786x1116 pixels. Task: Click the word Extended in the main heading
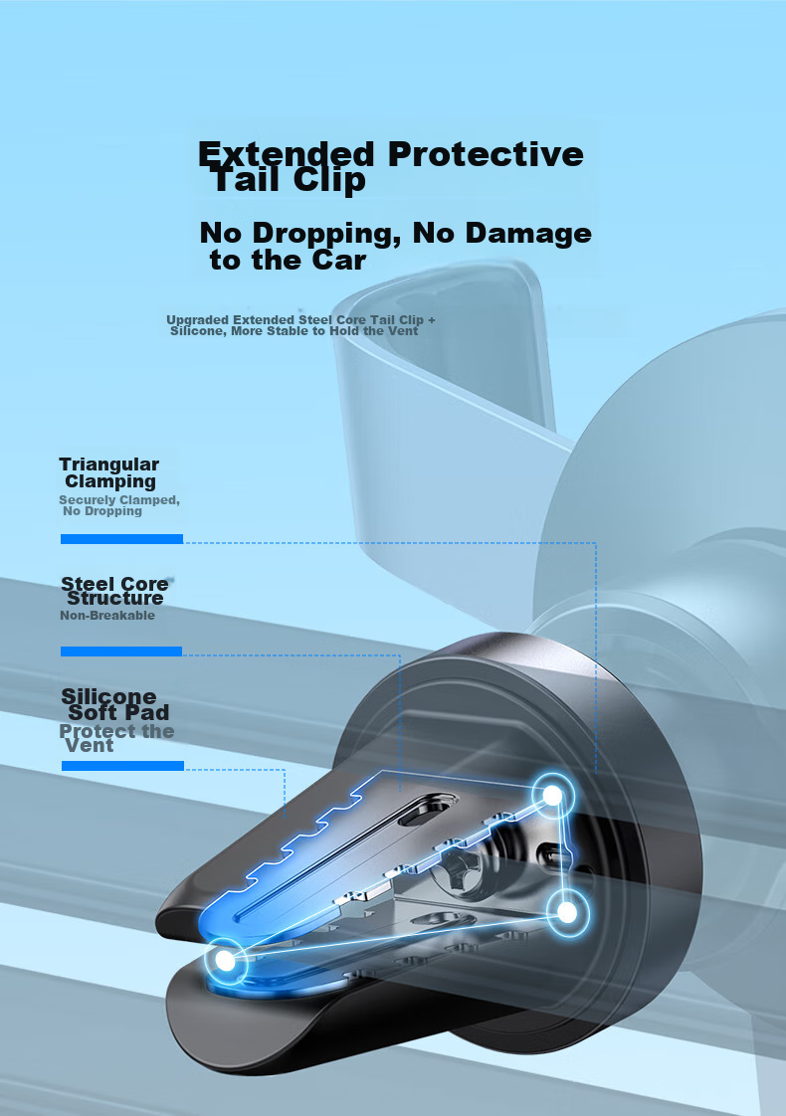tap(287, 154)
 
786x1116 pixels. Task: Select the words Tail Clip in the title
tap(289, 181)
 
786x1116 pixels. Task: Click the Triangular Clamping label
tap(109, 472)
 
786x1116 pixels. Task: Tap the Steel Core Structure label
tap(114, 591)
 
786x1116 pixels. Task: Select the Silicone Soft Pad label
tap(113, 704)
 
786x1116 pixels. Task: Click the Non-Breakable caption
tap(107, 616)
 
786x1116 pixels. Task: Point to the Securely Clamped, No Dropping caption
tap(117, 505)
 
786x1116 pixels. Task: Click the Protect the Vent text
tap(115, 738)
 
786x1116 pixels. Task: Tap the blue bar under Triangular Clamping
tap(121, 539)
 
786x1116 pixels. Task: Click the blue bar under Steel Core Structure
tap(121, 651)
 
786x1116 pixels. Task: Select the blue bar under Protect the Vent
tap(122, 766)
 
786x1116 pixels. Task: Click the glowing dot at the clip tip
tap(226, 961)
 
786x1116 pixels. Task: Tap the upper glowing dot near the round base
tap(550, 795)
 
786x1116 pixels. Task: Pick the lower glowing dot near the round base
tap(567, 910)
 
